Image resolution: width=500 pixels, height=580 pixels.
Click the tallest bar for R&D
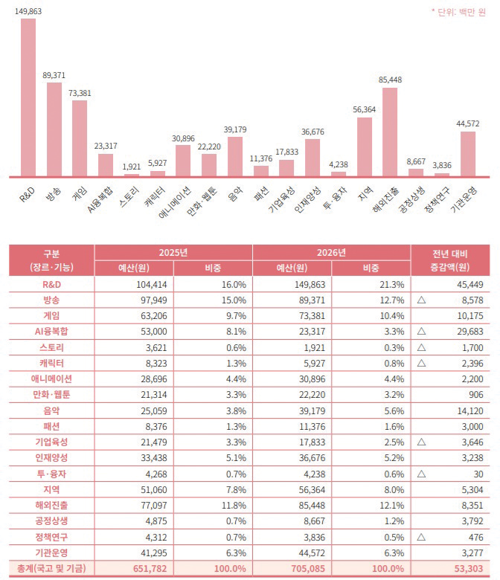point(28,97)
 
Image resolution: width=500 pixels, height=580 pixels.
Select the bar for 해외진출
point(390,132)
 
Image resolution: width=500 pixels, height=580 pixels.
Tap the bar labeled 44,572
point(468,154)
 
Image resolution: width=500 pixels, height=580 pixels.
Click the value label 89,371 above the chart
point(54,75)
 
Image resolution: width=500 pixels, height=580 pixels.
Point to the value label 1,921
point(131,166)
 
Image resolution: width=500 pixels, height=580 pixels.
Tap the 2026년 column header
point(331,252)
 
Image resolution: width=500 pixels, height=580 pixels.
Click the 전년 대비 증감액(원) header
point(452,260)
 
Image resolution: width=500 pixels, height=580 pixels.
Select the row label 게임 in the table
point(51,315)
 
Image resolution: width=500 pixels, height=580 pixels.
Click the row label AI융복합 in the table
point(51,331)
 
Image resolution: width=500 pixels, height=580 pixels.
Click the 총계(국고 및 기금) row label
point(51,569)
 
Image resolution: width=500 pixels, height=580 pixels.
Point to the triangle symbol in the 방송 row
point(423,300)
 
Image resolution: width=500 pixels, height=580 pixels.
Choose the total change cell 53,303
point(468,569)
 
